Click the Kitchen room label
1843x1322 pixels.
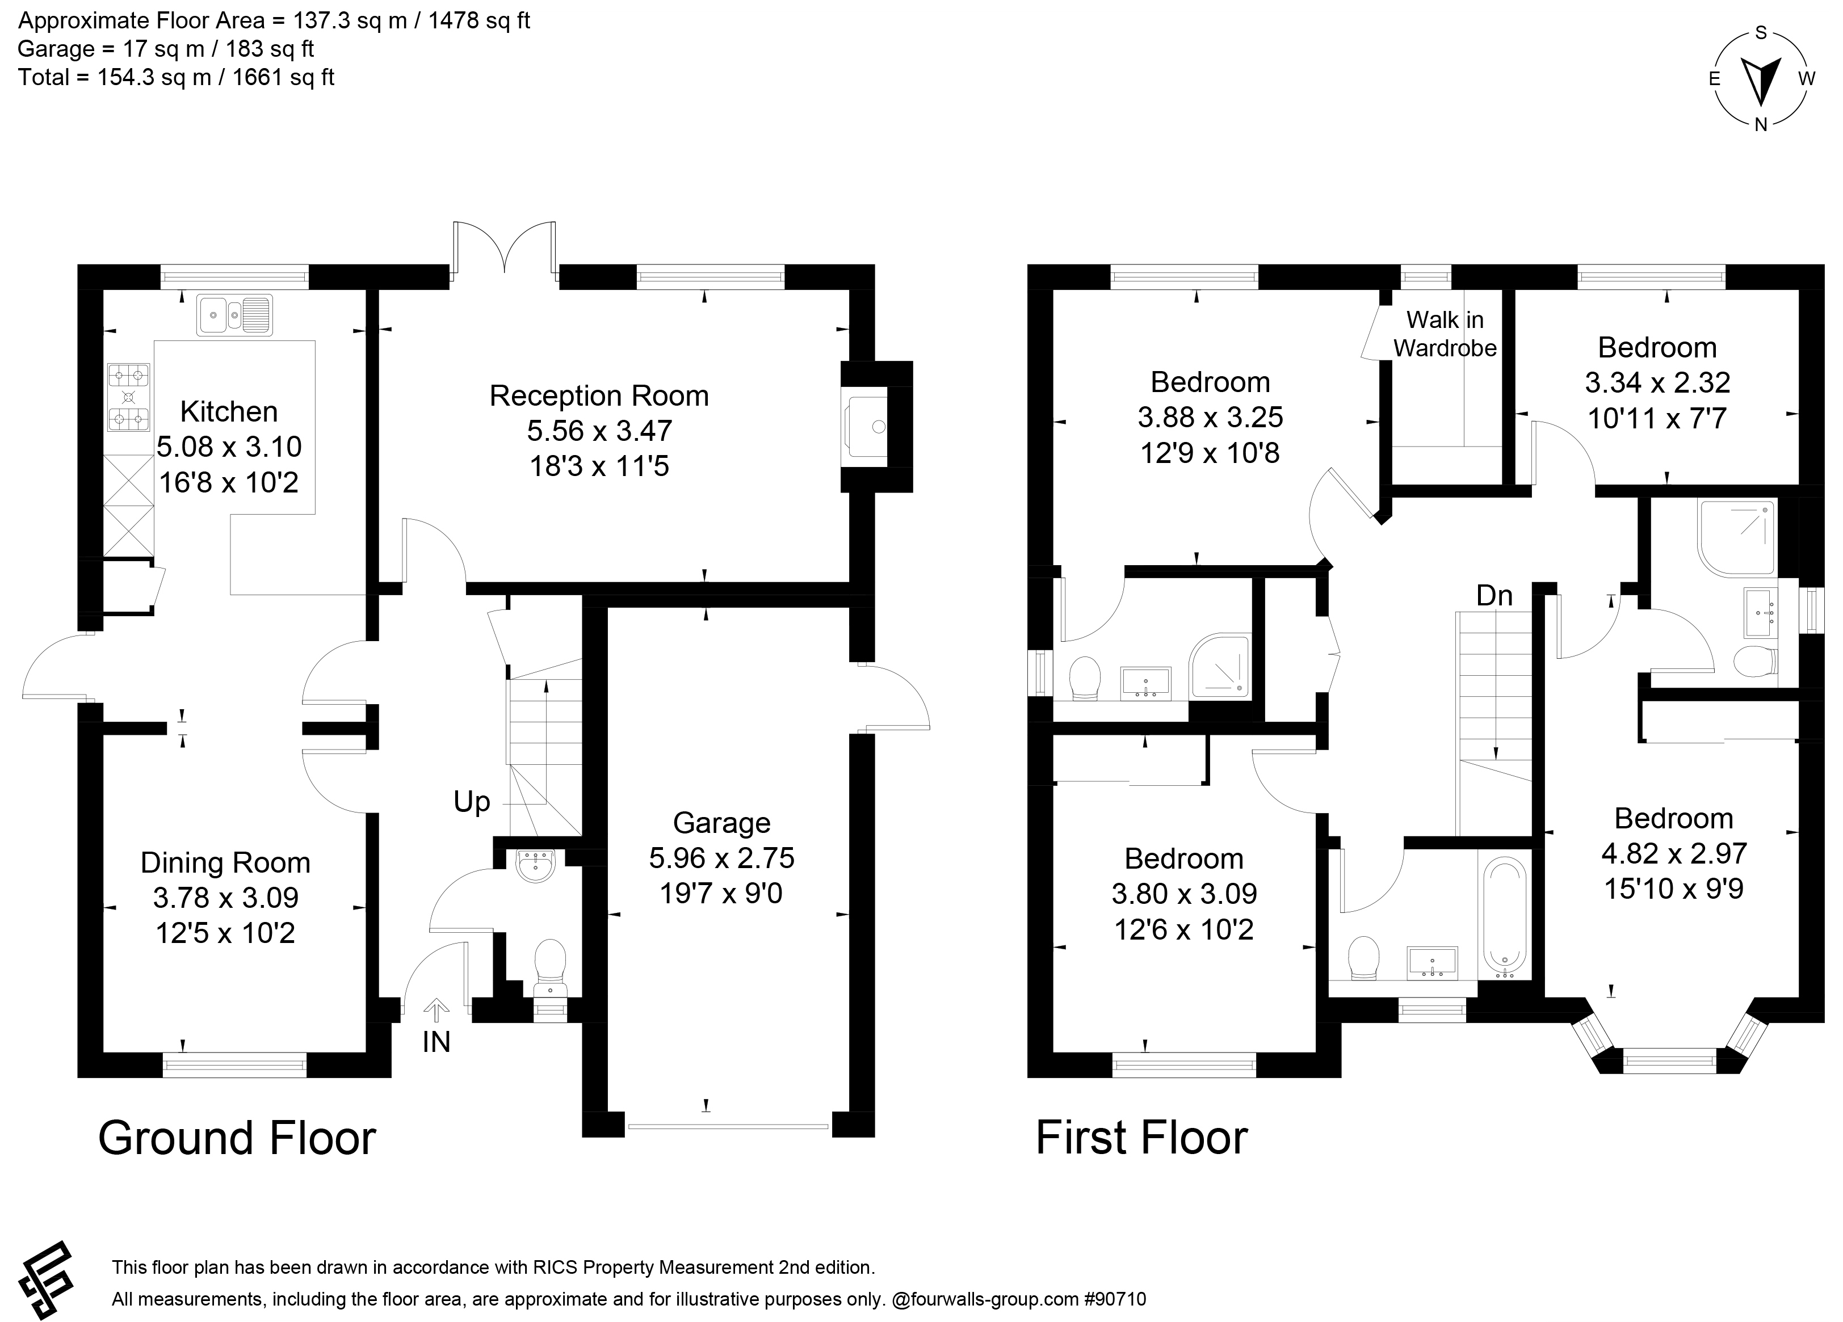(x=229, y=412)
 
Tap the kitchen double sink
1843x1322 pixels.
(x=234, y=314)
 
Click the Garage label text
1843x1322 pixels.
(x=721, y=823)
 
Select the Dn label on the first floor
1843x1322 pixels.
(x=1494, y=596)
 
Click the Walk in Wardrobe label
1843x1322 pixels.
(x=1445, y=334)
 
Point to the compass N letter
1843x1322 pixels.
(x=1761, y=124)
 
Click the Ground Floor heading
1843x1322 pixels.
(x=237, y=1138)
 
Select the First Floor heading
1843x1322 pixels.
(x=1141, y=1138)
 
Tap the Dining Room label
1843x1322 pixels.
(x=225, y=862)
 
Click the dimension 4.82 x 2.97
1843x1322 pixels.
(x=1674, y=853)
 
